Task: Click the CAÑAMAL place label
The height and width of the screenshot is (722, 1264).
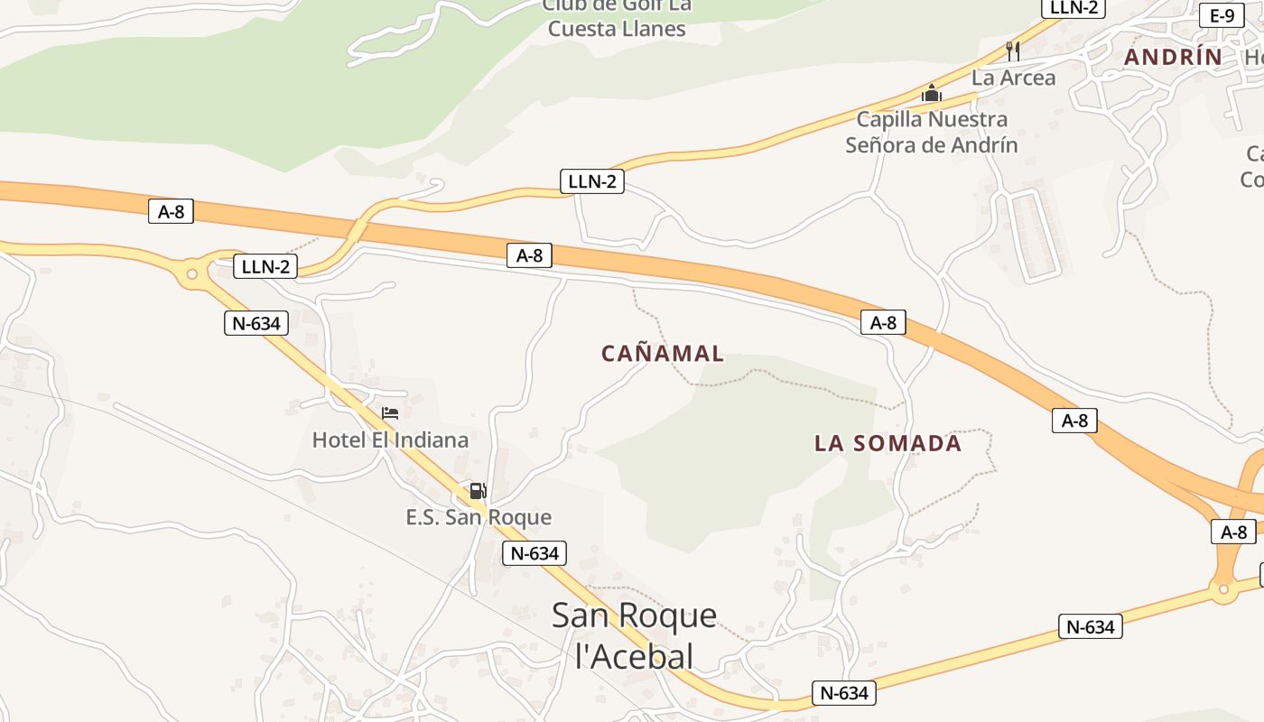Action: pos(663,354)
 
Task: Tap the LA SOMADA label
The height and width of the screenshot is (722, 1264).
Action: pos(888,443)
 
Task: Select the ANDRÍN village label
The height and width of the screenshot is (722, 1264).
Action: pos(1173,57)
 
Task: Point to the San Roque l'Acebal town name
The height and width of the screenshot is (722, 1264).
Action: pos(634,635)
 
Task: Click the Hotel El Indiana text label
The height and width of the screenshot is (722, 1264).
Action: pos(390,440)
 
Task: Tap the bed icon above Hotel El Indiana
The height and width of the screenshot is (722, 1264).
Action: pos(390,413)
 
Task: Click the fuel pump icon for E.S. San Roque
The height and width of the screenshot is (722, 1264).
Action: pos(478,491)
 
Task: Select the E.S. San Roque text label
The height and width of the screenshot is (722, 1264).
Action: pos(479,518)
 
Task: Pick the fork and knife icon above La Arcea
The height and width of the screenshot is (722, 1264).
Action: pos(1013,51)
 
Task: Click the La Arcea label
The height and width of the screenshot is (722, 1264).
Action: pos(1013,78)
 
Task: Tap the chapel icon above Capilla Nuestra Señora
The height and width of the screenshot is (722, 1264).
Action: pos(931,93)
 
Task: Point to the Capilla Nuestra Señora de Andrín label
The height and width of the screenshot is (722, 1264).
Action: pos(932,132)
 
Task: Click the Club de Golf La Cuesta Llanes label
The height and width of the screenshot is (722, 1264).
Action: pos(617,17)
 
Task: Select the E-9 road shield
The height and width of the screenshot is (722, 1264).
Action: pos(1222,15)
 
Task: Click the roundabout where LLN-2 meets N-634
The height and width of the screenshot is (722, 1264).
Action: pos(191,273)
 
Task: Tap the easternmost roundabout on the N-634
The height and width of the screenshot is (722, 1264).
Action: pos(1223,590)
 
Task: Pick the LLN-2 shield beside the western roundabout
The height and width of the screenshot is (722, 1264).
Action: pos(265,266)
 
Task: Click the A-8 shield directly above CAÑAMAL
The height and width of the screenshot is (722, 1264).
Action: pos(529,255)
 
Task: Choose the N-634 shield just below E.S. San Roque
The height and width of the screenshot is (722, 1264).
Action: pos(534,553)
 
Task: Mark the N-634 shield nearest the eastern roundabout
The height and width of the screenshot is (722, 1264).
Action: pos(1090,626)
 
